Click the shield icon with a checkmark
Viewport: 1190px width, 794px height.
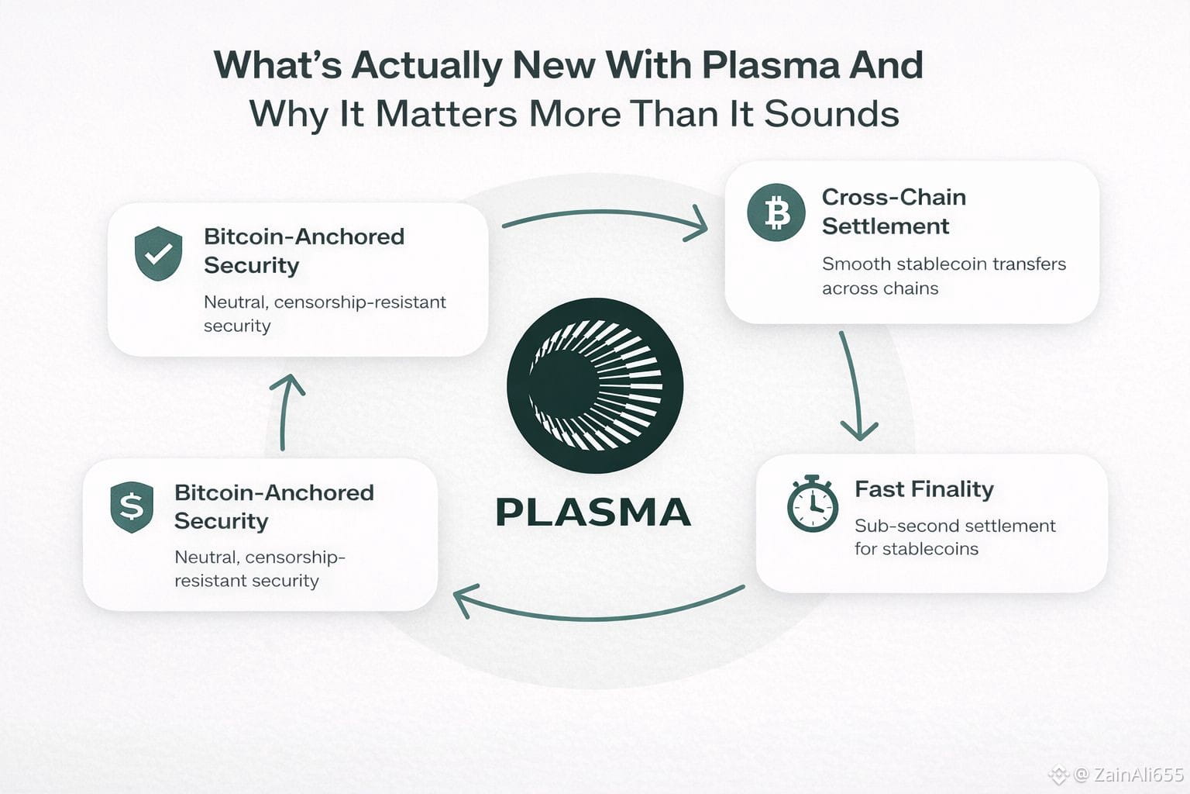[158, 253]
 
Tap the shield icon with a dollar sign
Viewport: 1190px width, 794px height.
[132, 507]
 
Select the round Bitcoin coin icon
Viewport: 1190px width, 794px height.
[776, 212]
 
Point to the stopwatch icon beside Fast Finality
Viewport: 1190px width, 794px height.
[812, 504]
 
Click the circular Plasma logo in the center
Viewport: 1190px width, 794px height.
[595, 385]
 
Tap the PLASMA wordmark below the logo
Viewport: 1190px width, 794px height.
[593, 513]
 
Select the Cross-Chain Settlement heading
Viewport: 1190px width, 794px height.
[893, 212]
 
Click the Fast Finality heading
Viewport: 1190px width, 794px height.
[923, 489]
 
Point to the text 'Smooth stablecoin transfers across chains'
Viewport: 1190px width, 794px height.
[943, 276]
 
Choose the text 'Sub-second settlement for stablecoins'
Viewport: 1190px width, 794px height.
[954, 537]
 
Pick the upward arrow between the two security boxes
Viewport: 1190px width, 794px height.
[286, 411]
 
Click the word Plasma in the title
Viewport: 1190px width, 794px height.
[769, 65]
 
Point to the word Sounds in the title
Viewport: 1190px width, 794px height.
[831, 114]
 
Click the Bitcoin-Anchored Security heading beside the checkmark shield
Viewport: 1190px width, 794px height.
[304, 250]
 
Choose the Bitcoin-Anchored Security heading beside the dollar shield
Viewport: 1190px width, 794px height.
[273, 506]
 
